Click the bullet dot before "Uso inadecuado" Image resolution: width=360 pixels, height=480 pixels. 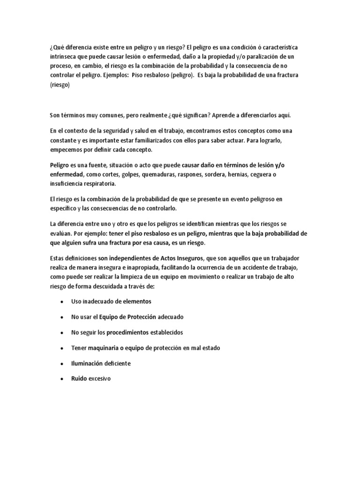pyautogui.click(x=62, y=301)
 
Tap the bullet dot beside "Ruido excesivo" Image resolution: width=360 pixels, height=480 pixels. pyautogui.click(x=62, y=379)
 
